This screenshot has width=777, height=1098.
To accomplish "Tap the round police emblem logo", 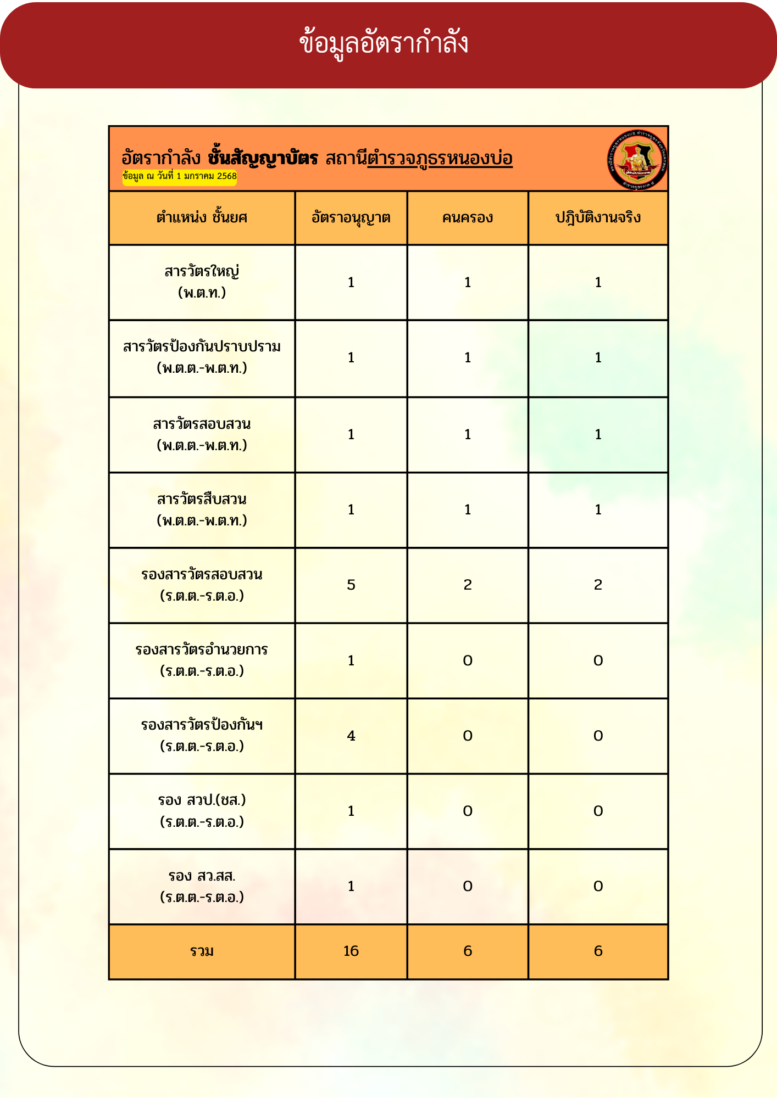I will coord(637,160).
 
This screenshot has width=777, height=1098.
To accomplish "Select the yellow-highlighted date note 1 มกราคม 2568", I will coord(180,176).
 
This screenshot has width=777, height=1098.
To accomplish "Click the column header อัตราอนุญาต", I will coord(351,218).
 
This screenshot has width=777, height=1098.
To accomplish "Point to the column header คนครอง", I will coord(468,218).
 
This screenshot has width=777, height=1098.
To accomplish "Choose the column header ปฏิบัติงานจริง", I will coord(598,218).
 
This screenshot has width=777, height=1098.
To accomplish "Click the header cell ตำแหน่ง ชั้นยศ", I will coord(202,218).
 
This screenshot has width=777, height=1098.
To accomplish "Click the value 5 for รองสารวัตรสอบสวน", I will coord(351,585).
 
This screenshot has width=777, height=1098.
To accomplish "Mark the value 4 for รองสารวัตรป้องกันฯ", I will coord(351,736).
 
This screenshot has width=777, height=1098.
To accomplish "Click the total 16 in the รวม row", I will coord(351,951).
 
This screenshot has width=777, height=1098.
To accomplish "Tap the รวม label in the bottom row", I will coord(202,951).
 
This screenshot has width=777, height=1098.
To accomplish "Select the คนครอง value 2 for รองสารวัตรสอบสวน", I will coord(468,585).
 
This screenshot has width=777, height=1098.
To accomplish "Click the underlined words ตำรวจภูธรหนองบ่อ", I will coord(440,159).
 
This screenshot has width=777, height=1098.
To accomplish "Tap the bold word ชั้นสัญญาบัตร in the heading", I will coord(263,159).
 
